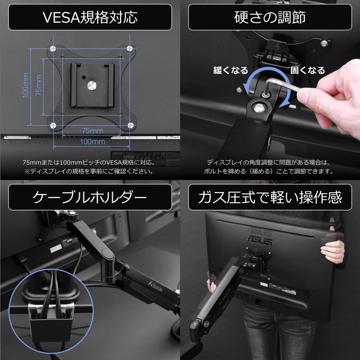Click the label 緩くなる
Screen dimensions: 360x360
(231, 71)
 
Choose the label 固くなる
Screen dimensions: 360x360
(307, 71)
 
